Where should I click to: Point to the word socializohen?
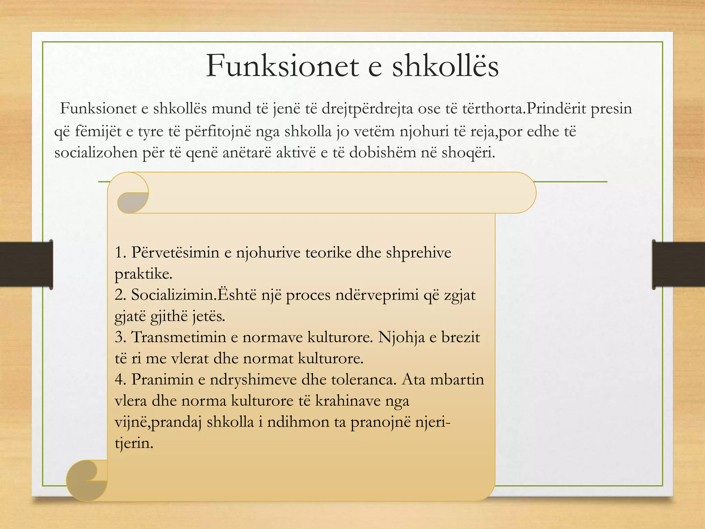(x=96, y=153)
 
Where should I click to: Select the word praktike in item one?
(x=143, y=274)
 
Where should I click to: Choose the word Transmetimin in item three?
(x=178, y=337)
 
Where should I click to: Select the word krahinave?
(x=348, y=401)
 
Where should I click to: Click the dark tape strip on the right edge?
(x=678, y=264)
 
